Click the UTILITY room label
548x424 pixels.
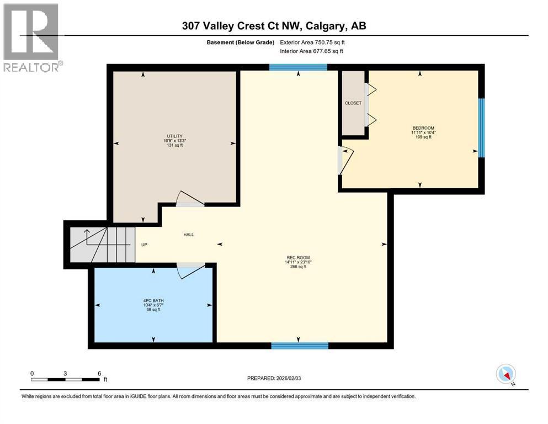[174, 136]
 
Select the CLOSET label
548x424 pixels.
[353, 103]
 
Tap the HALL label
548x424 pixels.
[188, 235]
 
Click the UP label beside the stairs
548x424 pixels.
[144, 245]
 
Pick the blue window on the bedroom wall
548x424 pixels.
[481, 128]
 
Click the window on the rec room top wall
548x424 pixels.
[298, 68]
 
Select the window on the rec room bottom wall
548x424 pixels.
[300, 346]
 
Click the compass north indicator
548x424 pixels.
[506, 374]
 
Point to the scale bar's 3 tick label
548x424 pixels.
[65, 374]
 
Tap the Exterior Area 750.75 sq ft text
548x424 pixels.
[315, 42]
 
